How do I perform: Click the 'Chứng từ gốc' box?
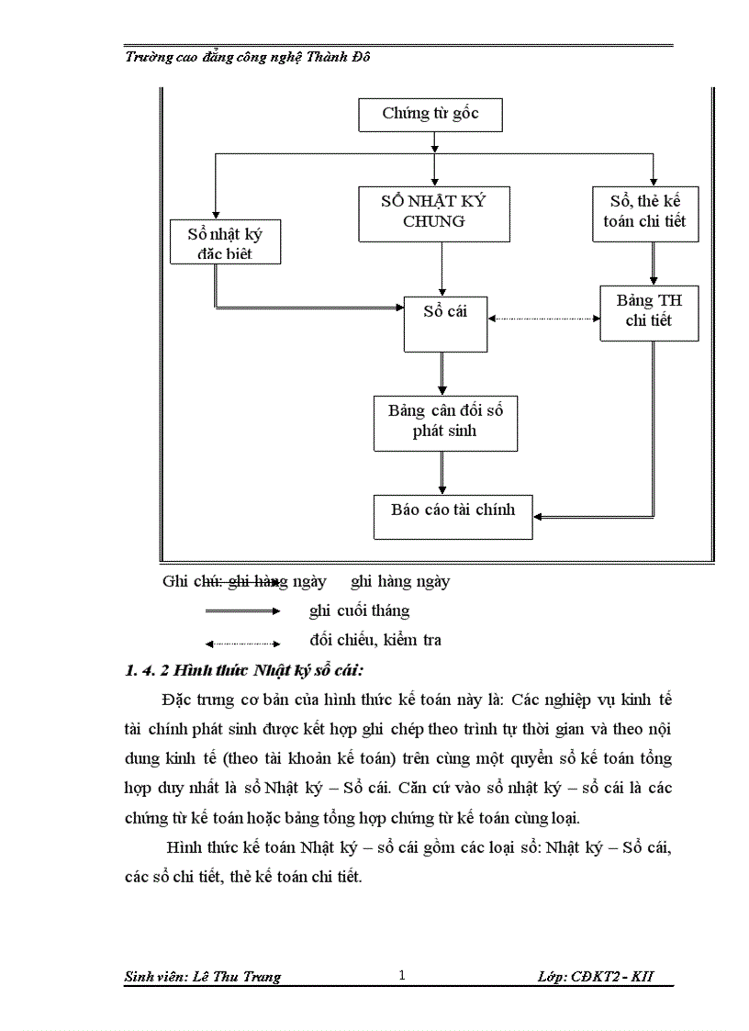tap(430, 114)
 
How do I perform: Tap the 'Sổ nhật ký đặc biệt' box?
tap(225, 243)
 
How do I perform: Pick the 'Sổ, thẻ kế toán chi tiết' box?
tap(645, 212)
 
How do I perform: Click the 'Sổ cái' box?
tap(445, 322)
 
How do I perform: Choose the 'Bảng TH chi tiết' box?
tap(649, 311)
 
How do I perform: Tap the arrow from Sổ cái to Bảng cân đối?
tap(442, 373)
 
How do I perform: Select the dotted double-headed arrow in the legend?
tap(242, 643)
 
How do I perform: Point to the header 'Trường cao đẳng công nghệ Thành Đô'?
tap(248, 57)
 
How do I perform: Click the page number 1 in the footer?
tap(401, 976)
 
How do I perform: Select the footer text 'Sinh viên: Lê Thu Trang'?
tap(202, 977)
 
